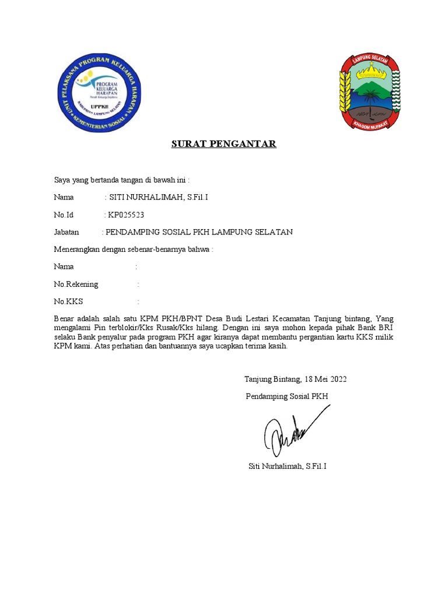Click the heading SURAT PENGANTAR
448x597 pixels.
(x=223, y=144)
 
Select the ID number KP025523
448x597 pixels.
(x=126, y=215)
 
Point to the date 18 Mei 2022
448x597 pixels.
(x=325, y=379)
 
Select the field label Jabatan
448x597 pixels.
(x=66, y=232)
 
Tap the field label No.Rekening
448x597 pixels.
(x=76, y=285)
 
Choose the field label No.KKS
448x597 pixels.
(x=68, y=302)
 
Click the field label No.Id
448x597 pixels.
(x=64, y=215)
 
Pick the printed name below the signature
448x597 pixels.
(x=287, y=466)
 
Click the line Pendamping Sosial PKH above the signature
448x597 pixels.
(x=287, y=396)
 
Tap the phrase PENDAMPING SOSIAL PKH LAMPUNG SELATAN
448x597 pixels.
(x=199, y=232)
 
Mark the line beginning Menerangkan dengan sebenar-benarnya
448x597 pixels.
(x=134, y=250)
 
